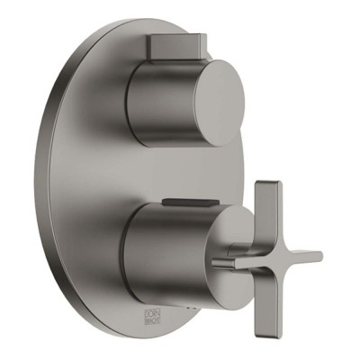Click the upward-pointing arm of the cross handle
265,211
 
